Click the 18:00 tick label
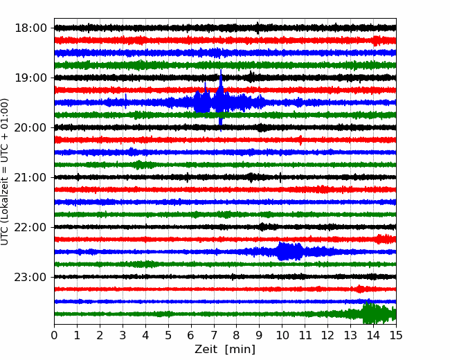point(30,28)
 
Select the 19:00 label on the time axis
point(30,78)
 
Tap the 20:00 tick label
point(30,127)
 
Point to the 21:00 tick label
point(30,177)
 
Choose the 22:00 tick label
point(30,227)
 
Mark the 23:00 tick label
point(30,277)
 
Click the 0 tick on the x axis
point(54,335)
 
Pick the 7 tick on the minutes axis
point(214,335)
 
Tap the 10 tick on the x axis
point(282,335)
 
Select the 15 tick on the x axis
point(396,335)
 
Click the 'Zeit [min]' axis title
point(225,350)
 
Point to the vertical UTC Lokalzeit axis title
point(4,172)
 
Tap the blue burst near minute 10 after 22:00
point(290,251)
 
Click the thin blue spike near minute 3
point(126,101)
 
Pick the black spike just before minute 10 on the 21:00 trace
point(280,177)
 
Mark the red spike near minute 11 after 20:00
point(300,140)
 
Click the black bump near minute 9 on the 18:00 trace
point(258,28)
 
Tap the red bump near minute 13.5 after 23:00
point(359,289)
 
